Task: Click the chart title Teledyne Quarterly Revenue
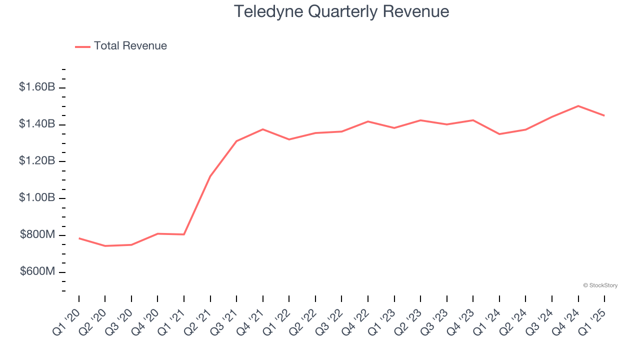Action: coord(341,11)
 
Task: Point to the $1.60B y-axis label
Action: coord(37,87)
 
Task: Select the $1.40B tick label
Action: coord(37,124)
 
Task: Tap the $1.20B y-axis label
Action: coord(37,161)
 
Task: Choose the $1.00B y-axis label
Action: coord(37,198)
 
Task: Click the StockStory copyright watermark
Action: coord(600,285)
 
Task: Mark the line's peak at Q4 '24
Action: coord(578,106)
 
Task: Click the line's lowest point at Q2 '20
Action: coord(105,246)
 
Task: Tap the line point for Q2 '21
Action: coord(210,176)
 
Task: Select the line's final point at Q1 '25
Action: coord(604,115)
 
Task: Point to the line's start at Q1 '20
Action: coord(79,238)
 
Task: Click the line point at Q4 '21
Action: coord(263,129)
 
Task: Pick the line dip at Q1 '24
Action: coord(499,134)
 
